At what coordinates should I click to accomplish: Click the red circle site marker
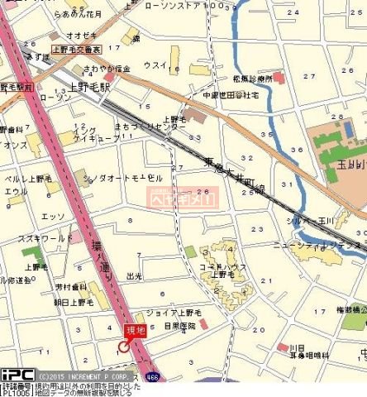(124, 347)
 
